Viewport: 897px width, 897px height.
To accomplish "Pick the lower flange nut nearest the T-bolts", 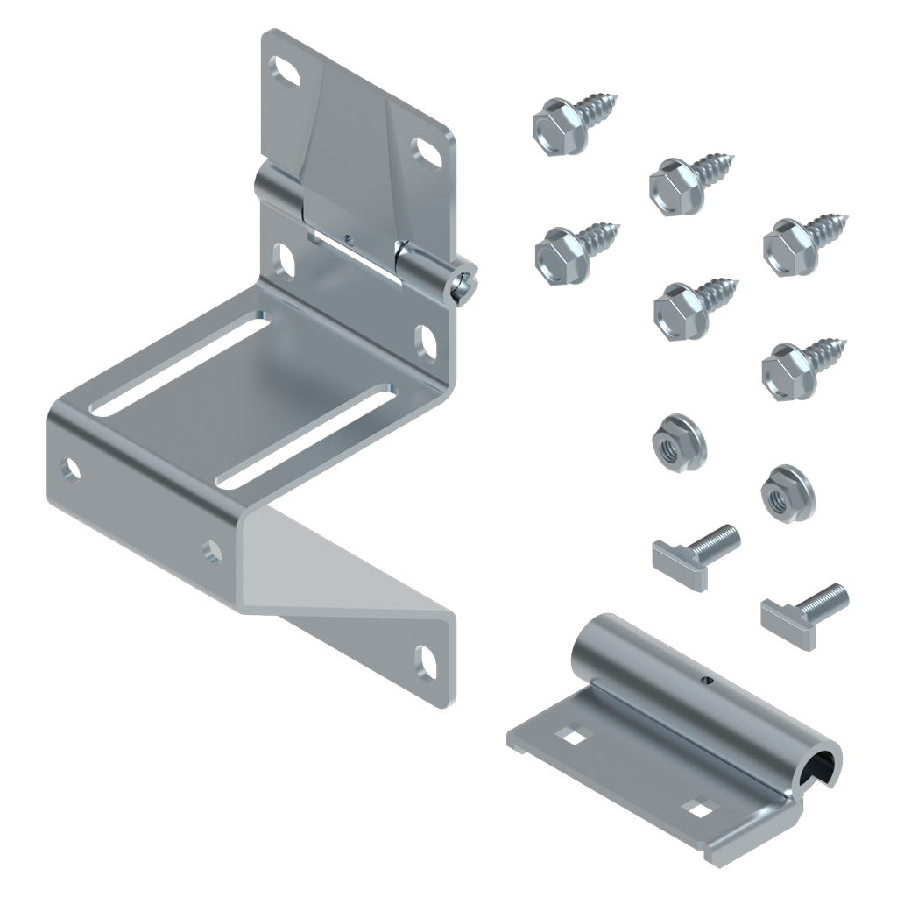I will (x=788, y=495).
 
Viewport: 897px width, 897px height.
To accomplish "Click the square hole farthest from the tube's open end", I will (x=575, y=738).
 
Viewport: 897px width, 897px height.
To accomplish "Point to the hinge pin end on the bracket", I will (x=464, y=284).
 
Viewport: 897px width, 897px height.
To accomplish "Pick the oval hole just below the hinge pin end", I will (x=426, y=342).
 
